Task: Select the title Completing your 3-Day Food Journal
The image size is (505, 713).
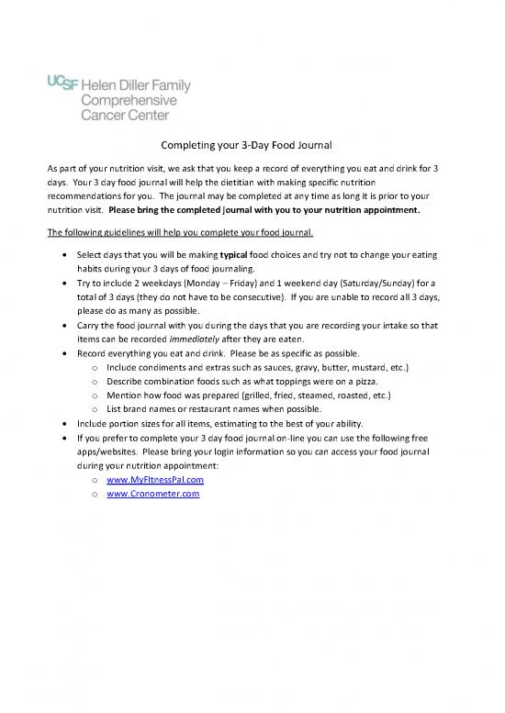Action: pos(252,145)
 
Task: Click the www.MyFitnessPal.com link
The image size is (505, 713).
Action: pos(154,480)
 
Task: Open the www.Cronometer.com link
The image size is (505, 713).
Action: pos(152,494)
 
